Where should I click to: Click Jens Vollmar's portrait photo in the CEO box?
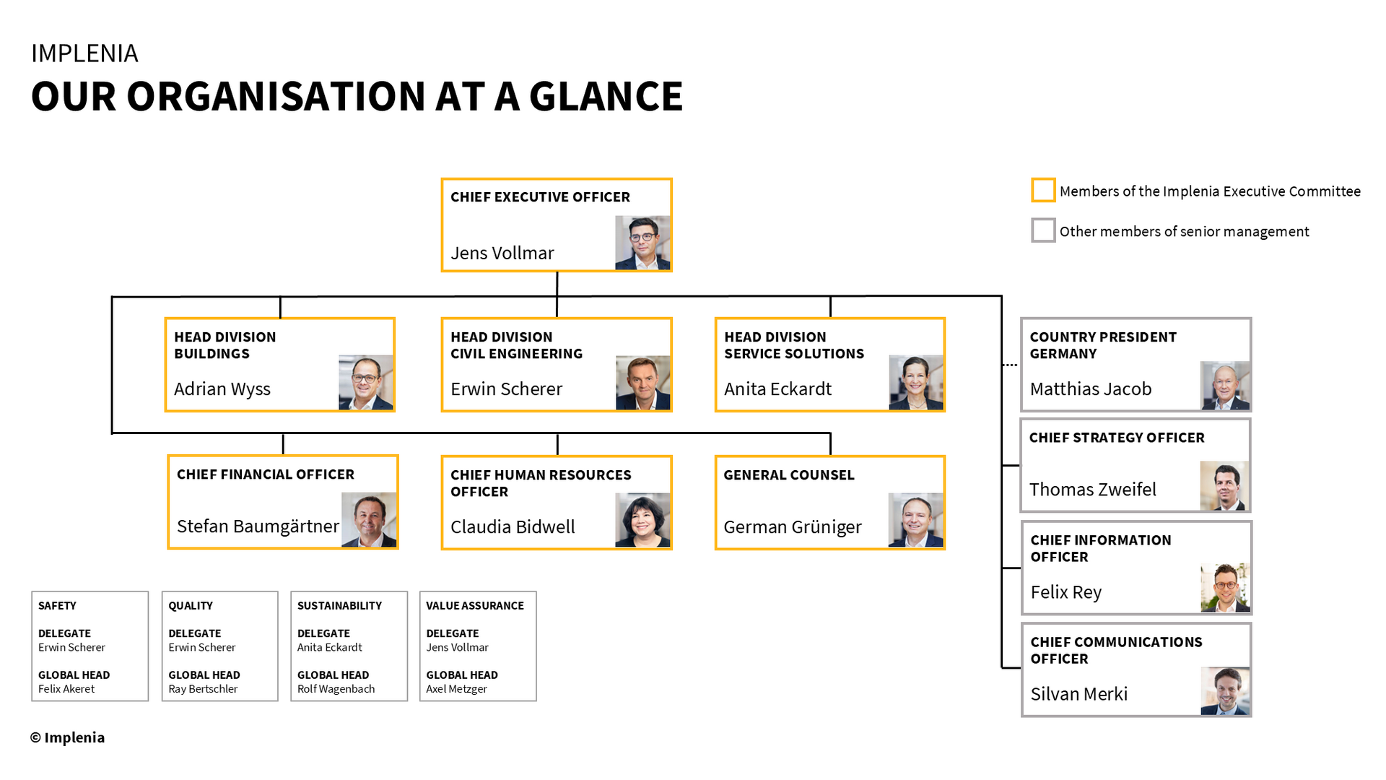pos(642,243)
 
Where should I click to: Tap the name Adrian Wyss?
pos(222,389)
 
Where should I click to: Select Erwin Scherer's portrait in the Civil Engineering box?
pos(642,383)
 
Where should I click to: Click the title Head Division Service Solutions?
pos(793,345)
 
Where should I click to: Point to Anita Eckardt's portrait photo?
pos(915,383)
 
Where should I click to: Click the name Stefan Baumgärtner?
pos(258,526)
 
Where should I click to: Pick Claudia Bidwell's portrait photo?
pos(642,520)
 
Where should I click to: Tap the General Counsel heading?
pos(788,475)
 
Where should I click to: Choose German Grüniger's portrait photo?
pos(915,520)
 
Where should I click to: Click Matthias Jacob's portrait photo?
pos(1224,386)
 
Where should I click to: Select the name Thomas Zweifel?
pos(1092,490)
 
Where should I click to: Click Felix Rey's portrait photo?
pos(1224,588)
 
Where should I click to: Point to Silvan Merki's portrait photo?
pos(1224,691)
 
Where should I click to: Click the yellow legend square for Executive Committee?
pos(1043,191)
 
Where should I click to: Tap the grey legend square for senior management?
pos(1043,230)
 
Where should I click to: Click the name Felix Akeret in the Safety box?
pos(66,689)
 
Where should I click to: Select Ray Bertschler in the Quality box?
pos(203,689)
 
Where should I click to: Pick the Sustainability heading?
pos(339,606)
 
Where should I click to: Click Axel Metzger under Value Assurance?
pos(456,689)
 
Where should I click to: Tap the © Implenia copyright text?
pos(67,737)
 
